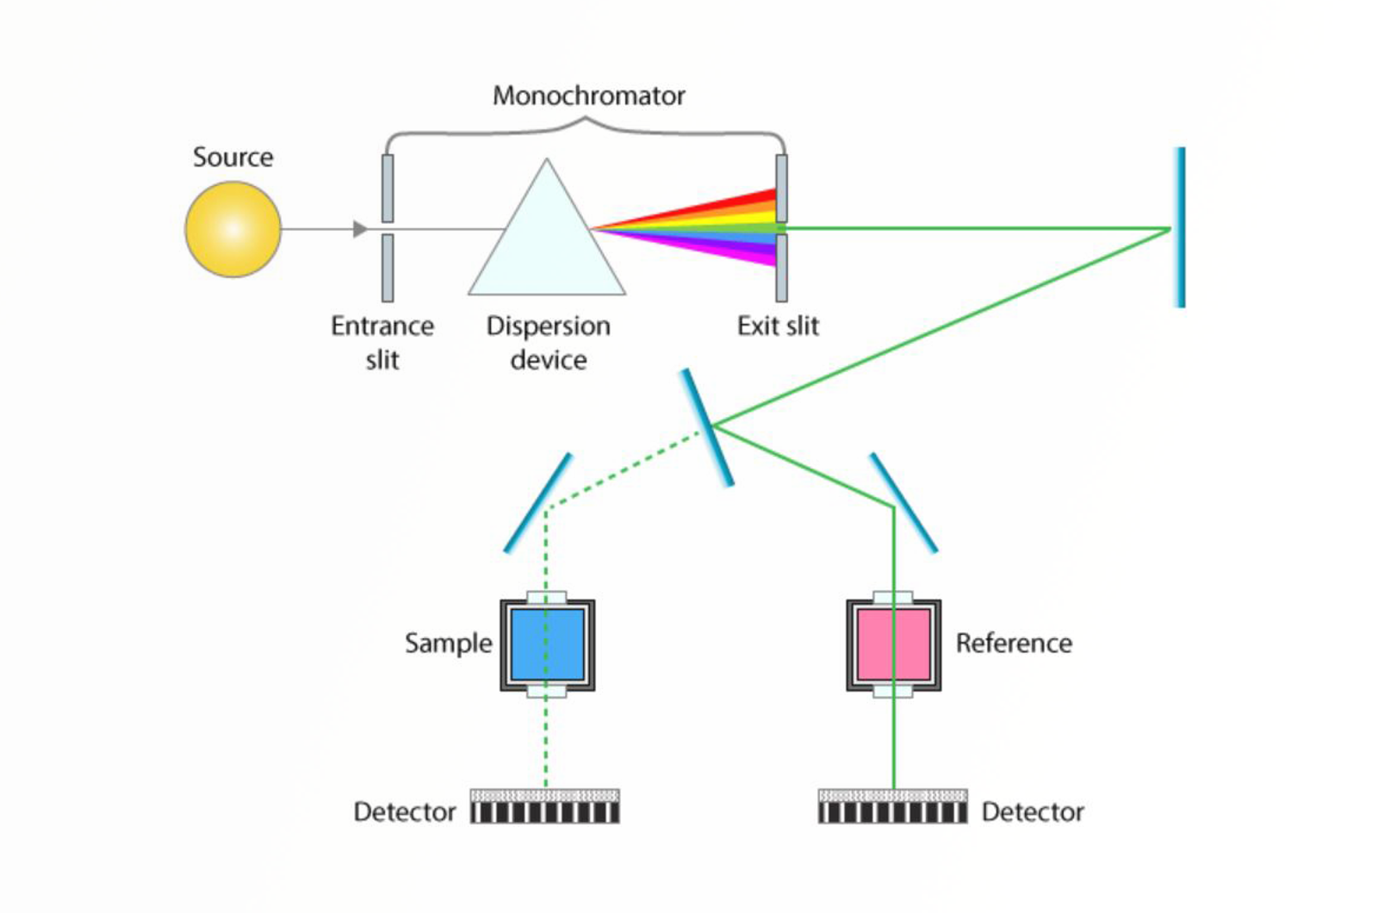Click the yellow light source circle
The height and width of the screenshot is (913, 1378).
233,229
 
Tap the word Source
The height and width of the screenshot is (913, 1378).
233,157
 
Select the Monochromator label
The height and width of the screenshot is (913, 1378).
588,96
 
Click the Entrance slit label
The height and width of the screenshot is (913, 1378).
382,342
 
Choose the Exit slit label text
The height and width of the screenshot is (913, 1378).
778,326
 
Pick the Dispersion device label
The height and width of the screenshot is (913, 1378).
549,342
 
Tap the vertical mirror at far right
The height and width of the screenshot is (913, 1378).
1180,227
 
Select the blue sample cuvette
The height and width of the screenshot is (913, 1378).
548,644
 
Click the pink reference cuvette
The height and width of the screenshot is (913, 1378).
893,644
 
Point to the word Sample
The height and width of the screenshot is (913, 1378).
448,643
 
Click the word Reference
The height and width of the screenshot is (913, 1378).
1014,643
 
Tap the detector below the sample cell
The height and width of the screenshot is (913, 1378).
545,806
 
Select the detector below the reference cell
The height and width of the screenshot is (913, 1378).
892,806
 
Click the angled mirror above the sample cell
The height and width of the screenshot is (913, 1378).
538,503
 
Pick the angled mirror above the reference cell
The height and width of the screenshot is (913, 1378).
903,502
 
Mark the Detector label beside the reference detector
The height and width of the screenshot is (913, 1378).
1033,811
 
